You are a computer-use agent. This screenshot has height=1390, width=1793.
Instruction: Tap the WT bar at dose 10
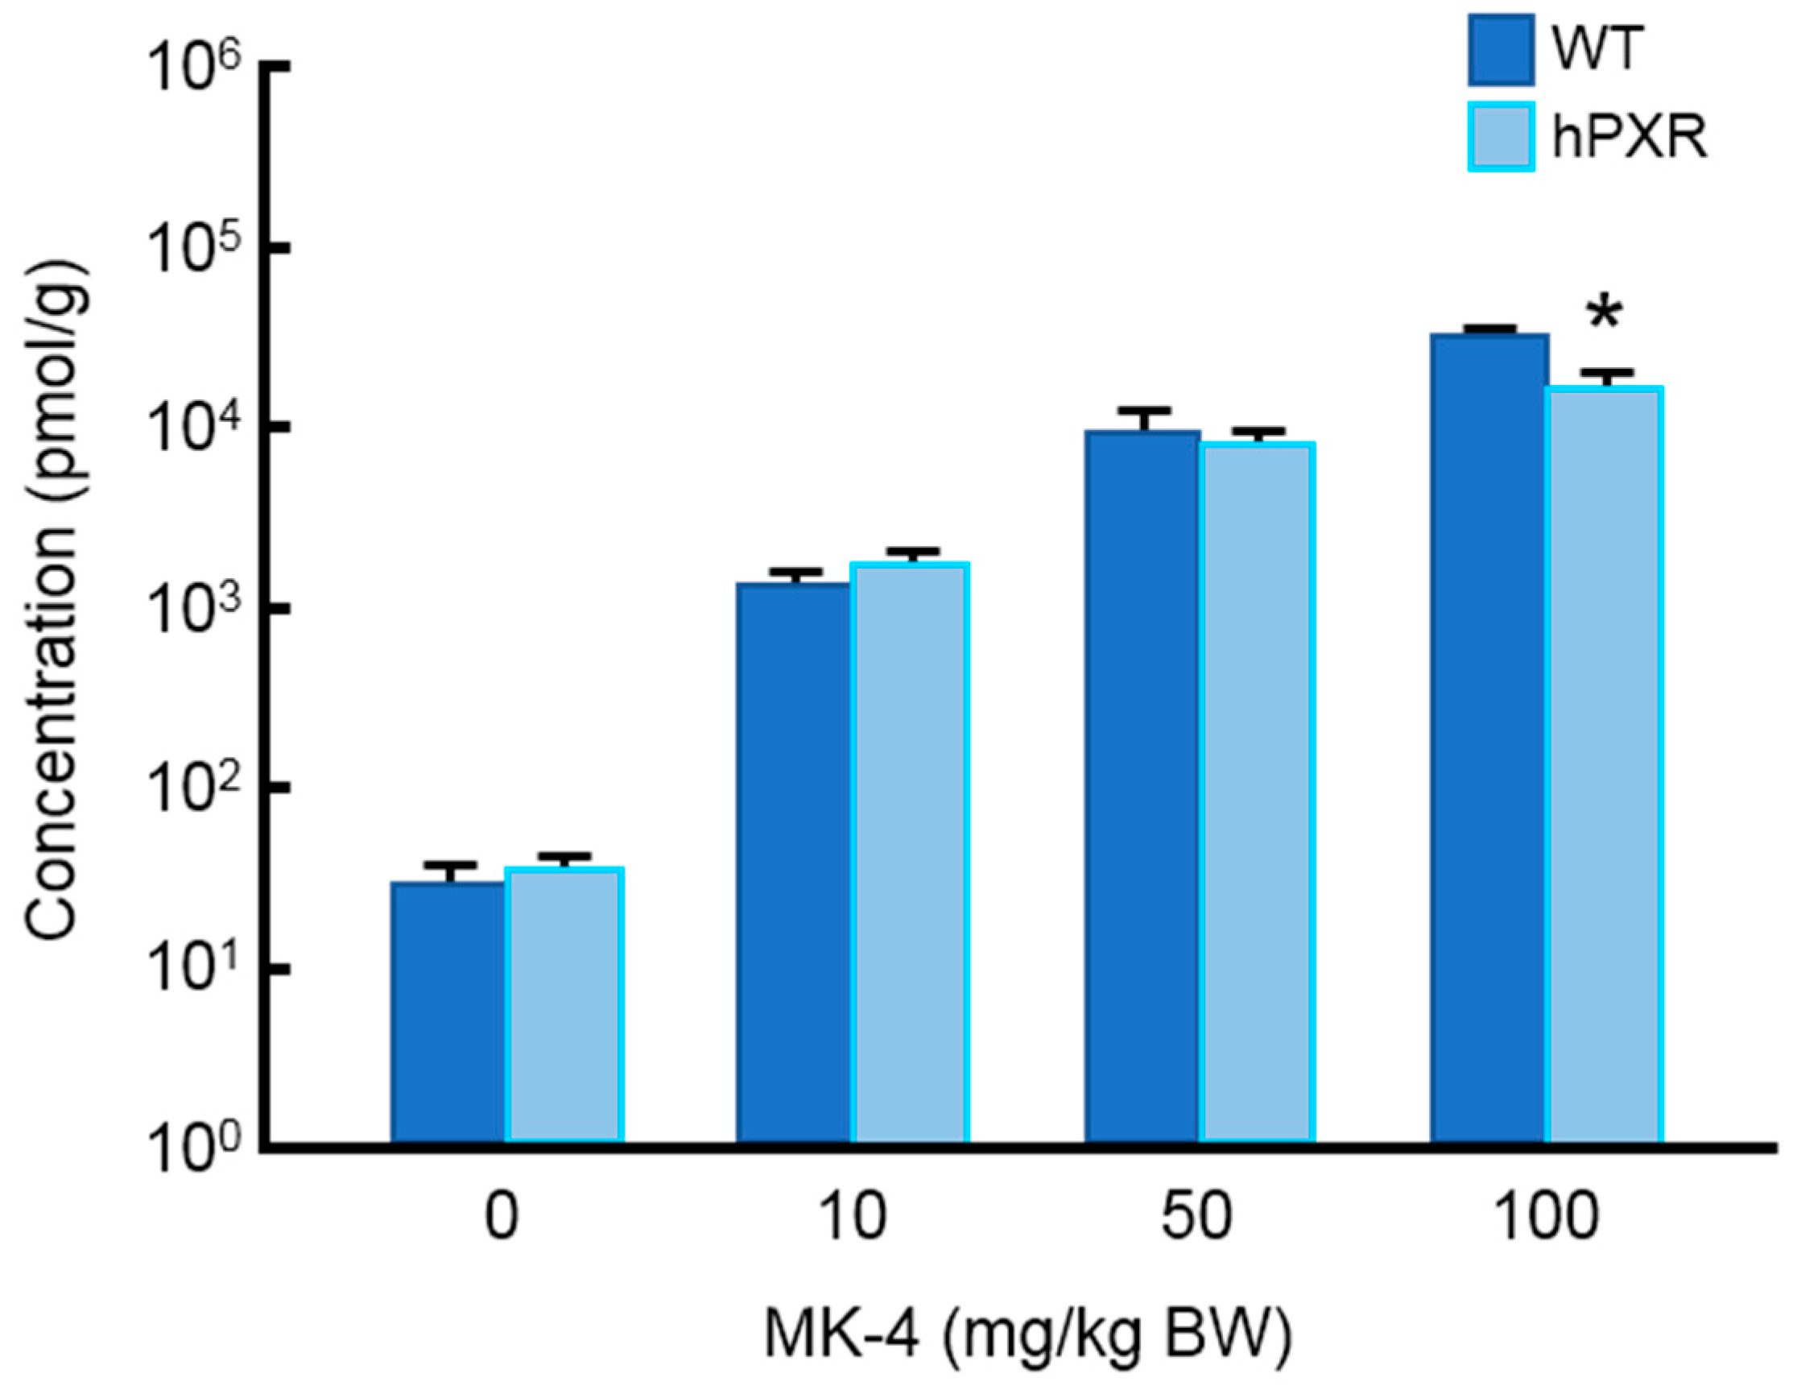(793, 862)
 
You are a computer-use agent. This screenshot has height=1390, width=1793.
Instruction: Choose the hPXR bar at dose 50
(1257, 792)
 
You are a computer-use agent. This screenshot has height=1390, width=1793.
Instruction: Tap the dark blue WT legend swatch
(1501, 49)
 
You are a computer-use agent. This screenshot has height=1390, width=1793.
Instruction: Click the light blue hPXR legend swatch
(1501, 136)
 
